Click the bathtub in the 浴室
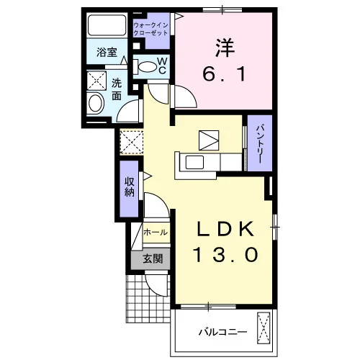click(107, 25)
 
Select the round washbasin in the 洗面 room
click(95, 103)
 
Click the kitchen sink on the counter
click(194, 162)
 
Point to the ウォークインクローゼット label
click(150, 29)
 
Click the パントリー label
click(260, 143)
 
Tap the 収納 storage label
click(129, 187)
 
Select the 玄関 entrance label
click(153, 259)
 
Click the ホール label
click(156, 233)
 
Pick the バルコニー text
click(223, 333)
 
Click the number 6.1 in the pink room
click(225, 74)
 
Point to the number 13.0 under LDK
click(225, 254)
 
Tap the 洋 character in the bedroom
click(225, 48)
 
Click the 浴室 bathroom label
click(107, 53)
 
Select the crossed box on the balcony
click(264, 328)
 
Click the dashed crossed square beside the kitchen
click(132, 142)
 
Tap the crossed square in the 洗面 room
click(96, 81)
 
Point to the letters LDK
click(225, 228)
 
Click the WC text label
click(162, 66)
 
